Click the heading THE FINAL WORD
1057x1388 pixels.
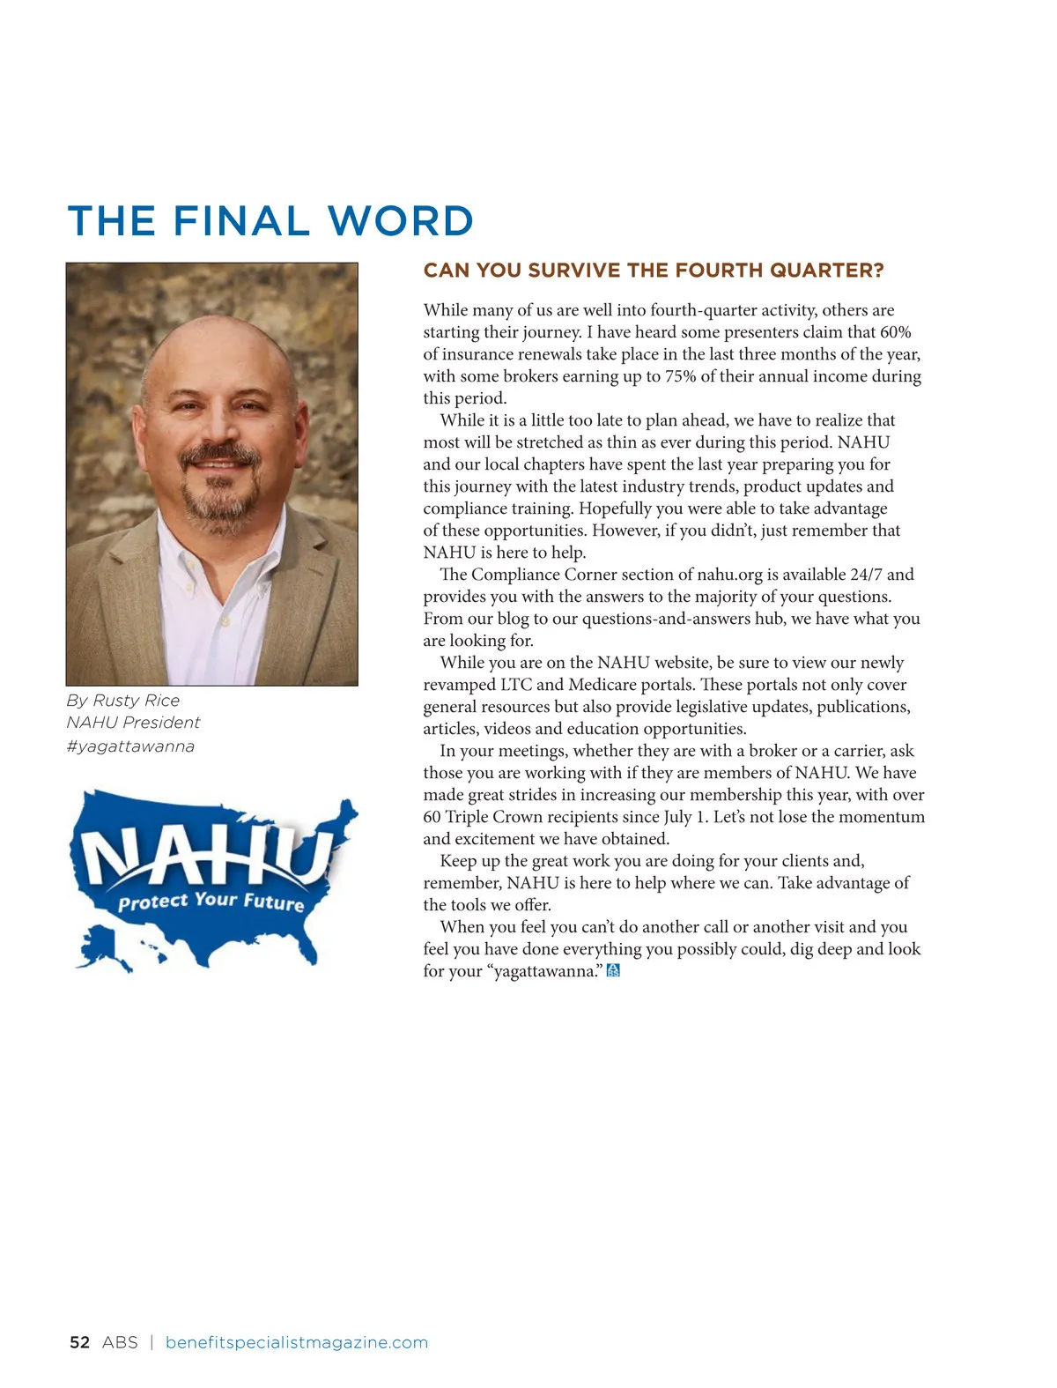click(x=270, y=220)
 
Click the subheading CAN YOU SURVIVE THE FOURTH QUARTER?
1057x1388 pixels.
click(x=653, y=271)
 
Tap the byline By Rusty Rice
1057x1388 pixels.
click(x=122, y=701)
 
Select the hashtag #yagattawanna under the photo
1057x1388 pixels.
click(x=130, y=746)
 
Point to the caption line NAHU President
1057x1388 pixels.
click(x=133, y=723)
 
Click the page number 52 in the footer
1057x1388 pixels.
click(x=79, y=1342)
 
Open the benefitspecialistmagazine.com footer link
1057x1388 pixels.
click(x=297, y=1342)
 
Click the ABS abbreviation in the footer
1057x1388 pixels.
click(x=120, y=1342)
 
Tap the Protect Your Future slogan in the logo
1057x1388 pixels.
click(x=211, y=901)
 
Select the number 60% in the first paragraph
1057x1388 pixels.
click(x=895, y=332)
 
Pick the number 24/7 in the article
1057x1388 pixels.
click(x=866, y=575)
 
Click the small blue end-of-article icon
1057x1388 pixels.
click(x=613, y=970)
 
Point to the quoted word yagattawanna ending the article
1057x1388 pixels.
click(x=546, y=971)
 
